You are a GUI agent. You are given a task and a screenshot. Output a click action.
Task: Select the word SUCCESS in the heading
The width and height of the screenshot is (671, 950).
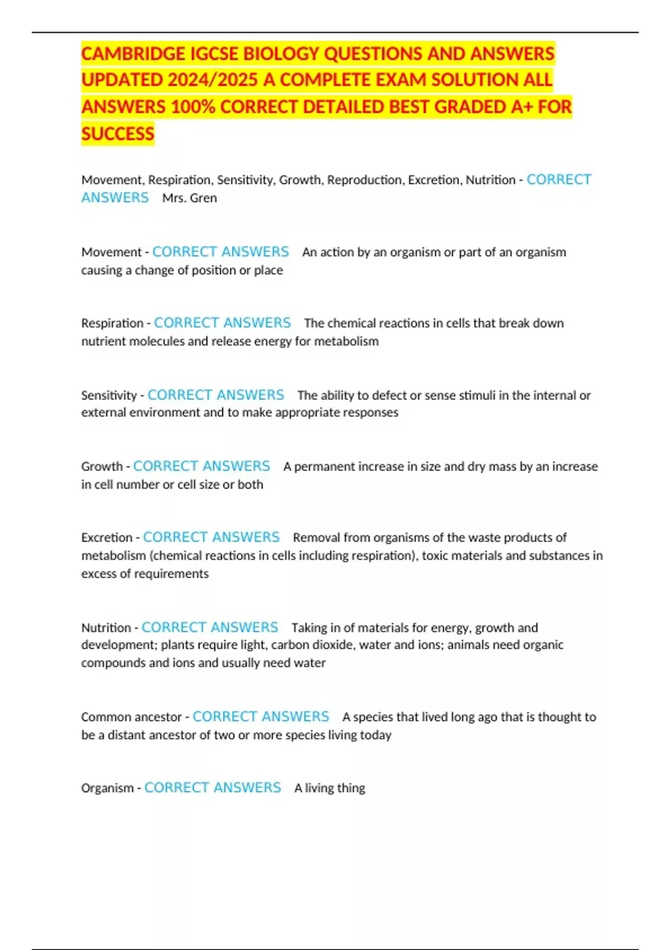coord(117,134)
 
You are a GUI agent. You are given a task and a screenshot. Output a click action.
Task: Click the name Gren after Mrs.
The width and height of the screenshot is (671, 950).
coord(204,198)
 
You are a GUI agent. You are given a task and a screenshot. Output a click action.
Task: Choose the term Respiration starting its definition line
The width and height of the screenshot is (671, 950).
coord(112,323)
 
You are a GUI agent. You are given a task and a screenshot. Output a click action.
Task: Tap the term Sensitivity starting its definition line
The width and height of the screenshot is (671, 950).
coord(109,395)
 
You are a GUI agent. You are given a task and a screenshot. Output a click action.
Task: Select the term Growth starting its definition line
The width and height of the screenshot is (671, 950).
coord(102,466)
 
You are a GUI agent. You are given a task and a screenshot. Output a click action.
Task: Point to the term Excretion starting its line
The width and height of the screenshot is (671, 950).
coord(107,538)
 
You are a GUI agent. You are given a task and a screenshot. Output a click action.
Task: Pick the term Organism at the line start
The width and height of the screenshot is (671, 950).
coord(107,788)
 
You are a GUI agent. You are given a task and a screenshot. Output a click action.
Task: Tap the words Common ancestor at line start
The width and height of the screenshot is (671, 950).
coord(131,717)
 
